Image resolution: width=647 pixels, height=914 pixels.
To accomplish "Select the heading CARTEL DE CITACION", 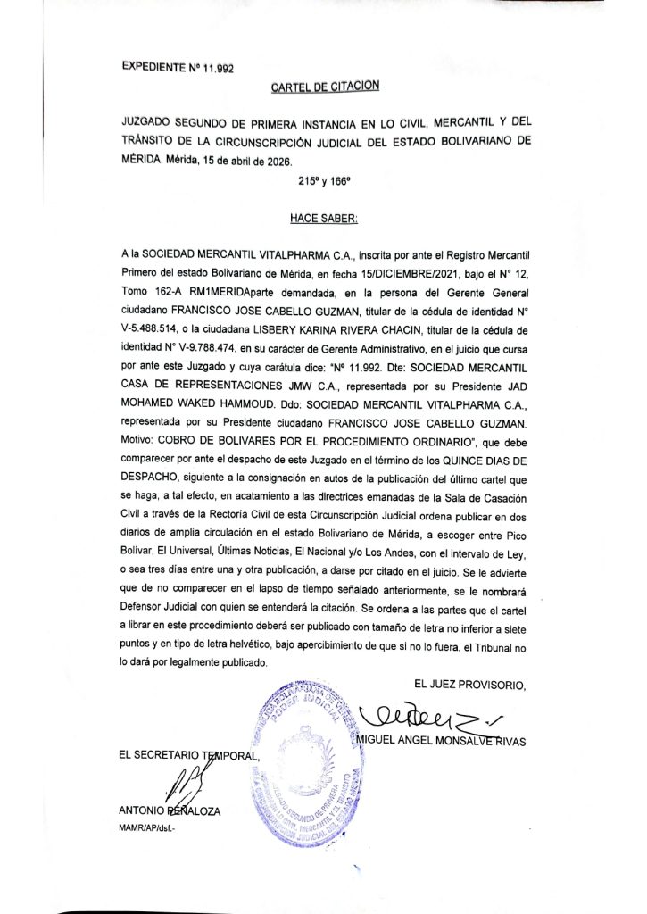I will (325, 86).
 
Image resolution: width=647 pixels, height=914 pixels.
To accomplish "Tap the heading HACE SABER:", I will (324, 217).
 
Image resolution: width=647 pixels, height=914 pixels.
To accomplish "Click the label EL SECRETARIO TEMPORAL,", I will (190, 757).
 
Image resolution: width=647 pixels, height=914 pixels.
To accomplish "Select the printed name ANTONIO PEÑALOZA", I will (169, 811).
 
